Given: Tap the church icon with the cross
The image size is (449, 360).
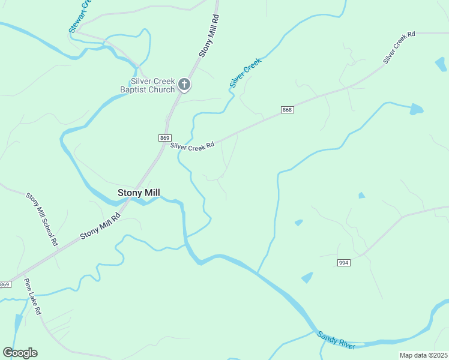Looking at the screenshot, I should (x=185, y=85).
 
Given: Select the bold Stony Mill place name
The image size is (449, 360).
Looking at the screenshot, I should (x=142, y=193).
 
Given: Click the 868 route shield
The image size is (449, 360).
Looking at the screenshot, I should (x=287, y=109).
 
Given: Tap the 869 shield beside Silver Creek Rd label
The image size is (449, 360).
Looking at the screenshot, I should (x=164, y=138).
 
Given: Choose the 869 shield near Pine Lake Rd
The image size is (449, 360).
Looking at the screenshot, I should (x=5, y=284).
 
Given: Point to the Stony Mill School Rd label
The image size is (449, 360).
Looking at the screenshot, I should (x=41, y=219).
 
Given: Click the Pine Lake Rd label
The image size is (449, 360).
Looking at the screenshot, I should (x=32, y=296).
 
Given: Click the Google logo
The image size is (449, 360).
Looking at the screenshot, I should (x=20, y=353).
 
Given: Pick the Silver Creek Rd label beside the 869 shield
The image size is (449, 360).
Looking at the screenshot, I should (x=192, y=146).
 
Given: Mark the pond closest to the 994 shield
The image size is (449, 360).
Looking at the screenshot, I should (x=307, y=278).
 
